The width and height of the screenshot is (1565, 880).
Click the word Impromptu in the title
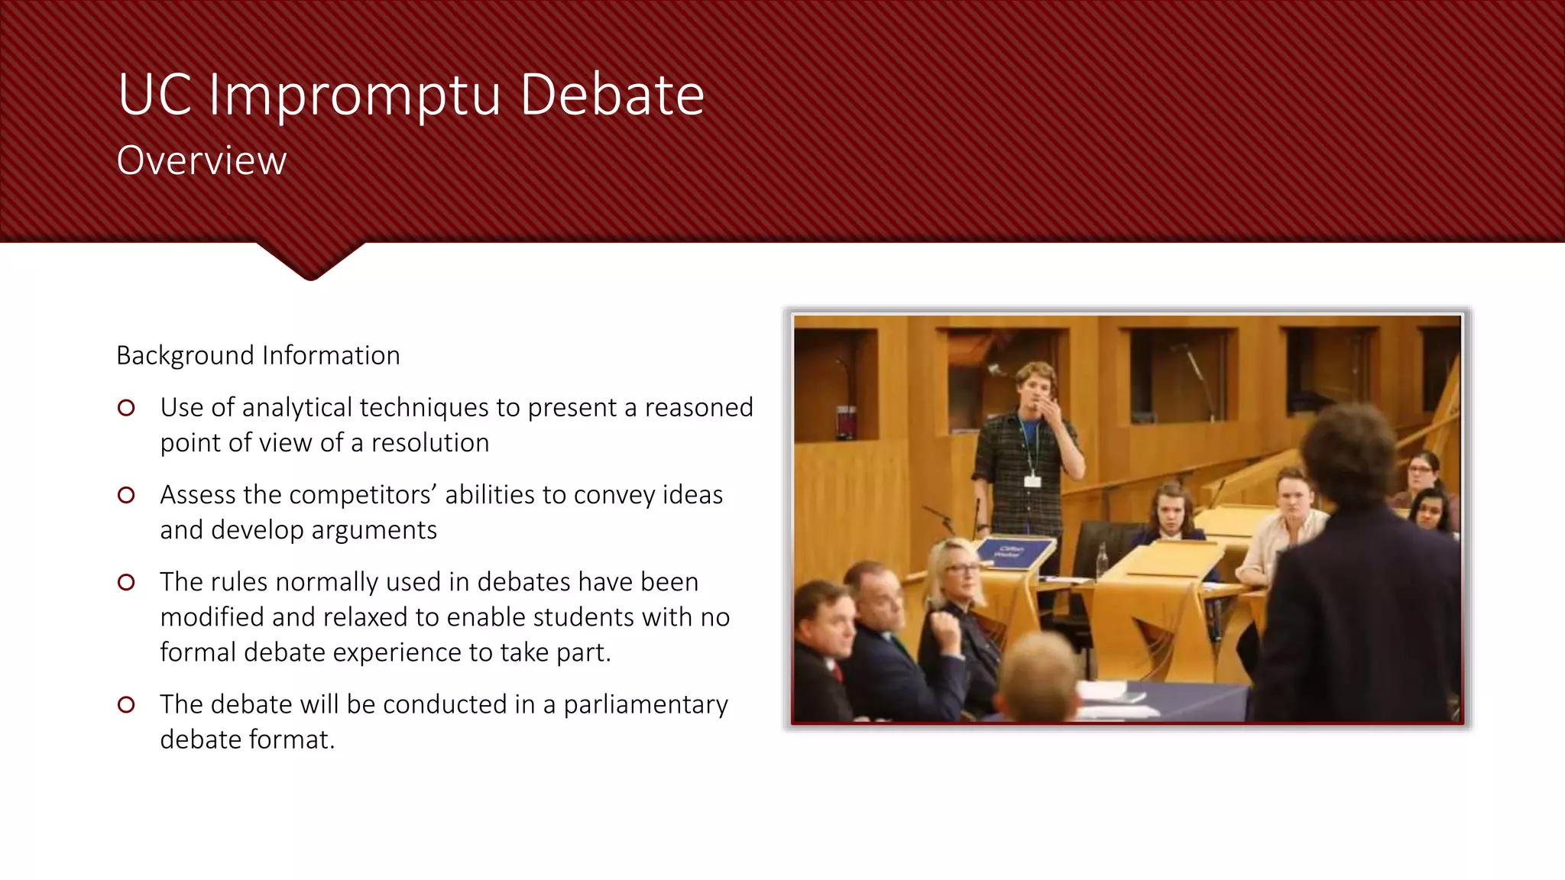click(x=355, y=96)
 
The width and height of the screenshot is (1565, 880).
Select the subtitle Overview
click(x=202, y=160)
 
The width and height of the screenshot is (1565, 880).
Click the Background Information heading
click(x=258, y=356)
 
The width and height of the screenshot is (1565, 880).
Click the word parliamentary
click(x=646, y=704)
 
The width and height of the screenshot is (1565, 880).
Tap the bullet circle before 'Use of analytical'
click(x=127, y=409)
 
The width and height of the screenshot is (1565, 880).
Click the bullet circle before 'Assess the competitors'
click(x=127, y=496)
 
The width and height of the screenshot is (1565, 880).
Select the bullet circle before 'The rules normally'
click(x=127, y=583)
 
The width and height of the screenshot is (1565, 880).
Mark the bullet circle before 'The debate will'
click(x=127, y=705)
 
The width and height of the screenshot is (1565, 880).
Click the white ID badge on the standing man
click(x=1032, y=480)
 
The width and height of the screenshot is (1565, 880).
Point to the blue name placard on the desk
click(x=1010, y=551)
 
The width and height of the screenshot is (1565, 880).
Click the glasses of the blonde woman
click(x=961, y=569)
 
